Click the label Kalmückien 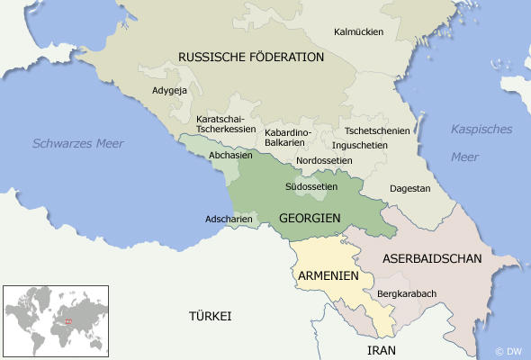(x=358, y=31)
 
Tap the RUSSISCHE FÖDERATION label (x=251, y=57)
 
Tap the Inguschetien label (x=360, y=144)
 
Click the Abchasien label (x=230, y=155)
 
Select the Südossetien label (x=310, y=187)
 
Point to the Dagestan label (x=409, y=189)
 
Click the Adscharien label (x=228, y=219)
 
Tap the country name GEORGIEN (x=309, y=219)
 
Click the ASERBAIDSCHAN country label (x=432, y=258)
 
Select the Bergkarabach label (x=408, y=293)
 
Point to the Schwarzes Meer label (x=79, y=143)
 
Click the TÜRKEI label (x=210, y=317)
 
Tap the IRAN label (x=382, y=349)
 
